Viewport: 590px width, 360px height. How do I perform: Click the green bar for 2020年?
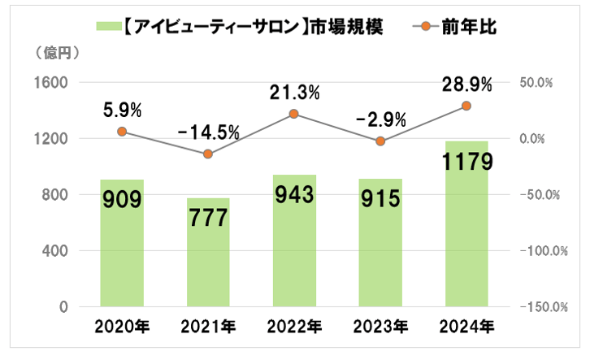122,244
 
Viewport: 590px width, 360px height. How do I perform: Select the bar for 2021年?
208,253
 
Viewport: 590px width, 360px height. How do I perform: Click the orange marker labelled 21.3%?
294,114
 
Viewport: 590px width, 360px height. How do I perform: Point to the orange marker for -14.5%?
208,154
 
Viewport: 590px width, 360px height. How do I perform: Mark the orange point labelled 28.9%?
466,106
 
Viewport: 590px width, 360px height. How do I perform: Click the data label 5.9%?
123,109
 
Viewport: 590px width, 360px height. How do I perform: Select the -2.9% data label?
380,119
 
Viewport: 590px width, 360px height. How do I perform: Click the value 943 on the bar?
294,197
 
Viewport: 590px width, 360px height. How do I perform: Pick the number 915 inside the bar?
380,200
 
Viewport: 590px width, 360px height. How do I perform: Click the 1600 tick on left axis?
52,83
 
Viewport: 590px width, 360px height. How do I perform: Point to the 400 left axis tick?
55,251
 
